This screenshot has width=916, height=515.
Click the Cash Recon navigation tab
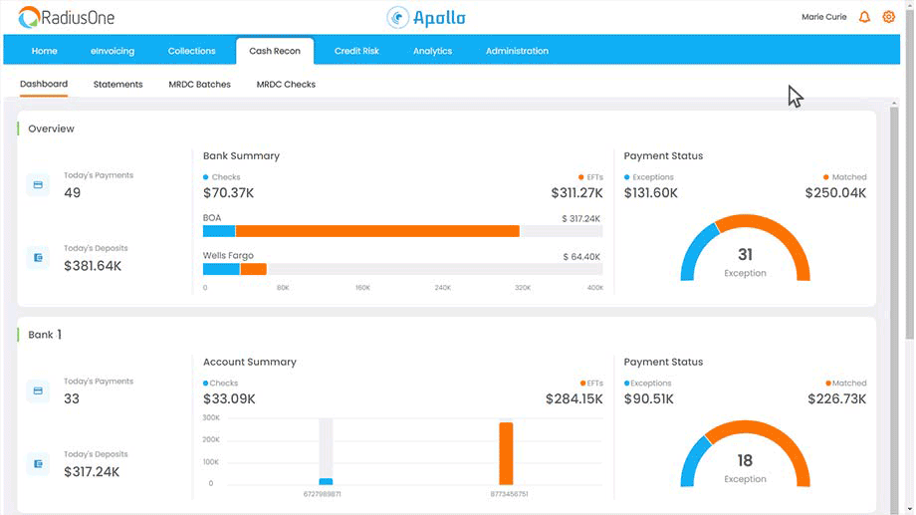click(x=274, y=51)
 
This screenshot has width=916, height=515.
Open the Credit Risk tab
click(x=356, y=51)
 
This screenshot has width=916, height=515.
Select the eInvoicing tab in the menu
click(x=113, y=51)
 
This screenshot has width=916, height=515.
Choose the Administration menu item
click(x=517, y=51)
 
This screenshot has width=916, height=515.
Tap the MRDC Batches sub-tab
click(x=199, y=85)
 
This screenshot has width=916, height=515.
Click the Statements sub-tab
click(x=117, y=85)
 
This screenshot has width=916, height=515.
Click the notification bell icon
click(x=864, y=17)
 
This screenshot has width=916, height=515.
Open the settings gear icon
click(x=889, y=17)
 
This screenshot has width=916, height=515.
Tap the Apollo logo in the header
click(x=427, y=17)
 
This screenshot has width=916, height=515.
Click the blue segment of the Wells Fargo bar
click(x=221, y=269)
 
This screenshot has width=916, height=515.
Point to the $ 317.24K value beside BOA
click(x=580, y=219)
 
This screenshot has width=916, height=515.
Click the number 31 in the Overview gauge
click(x=745, y=255)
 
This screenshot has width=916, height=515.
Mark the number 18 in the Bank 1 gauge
click(x=745, y=461)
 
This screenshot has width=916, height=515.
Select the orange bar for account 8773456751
click(x=506, y=453)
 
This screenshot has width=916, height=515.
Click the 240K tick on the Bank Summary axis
click(x=443, y=288)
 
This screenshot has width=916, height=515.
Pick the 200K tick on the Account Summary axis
click(x=211, y=439)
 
